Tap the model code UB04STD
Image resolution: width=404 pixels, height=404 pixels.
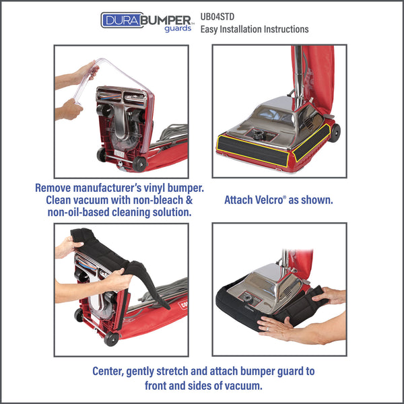coord(217,17)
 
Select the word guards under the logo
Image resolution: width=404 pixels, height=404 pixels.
coord(178,28)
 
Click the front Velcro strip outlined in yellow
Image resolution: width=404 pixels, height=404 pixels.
coord(252,151)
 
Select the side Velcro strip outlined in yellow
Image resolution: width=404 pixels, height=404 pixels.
coord(312,142)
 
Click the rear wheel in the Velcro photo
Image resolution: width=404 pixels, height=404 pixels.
coord(335,133)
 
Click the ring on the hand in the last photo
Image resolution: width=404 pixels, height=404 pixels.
coord(267,329)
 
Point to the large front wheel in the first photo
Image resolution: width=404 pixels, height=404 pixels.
coord(139,164)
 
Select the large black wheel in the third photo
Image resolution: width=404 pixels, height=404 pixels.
coord(112,339)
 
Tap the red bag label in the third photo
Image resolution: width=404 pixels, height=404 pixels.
coord(182,305)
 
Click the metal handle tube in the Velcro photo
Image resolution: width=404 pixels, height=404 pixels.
coord(298,75)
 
